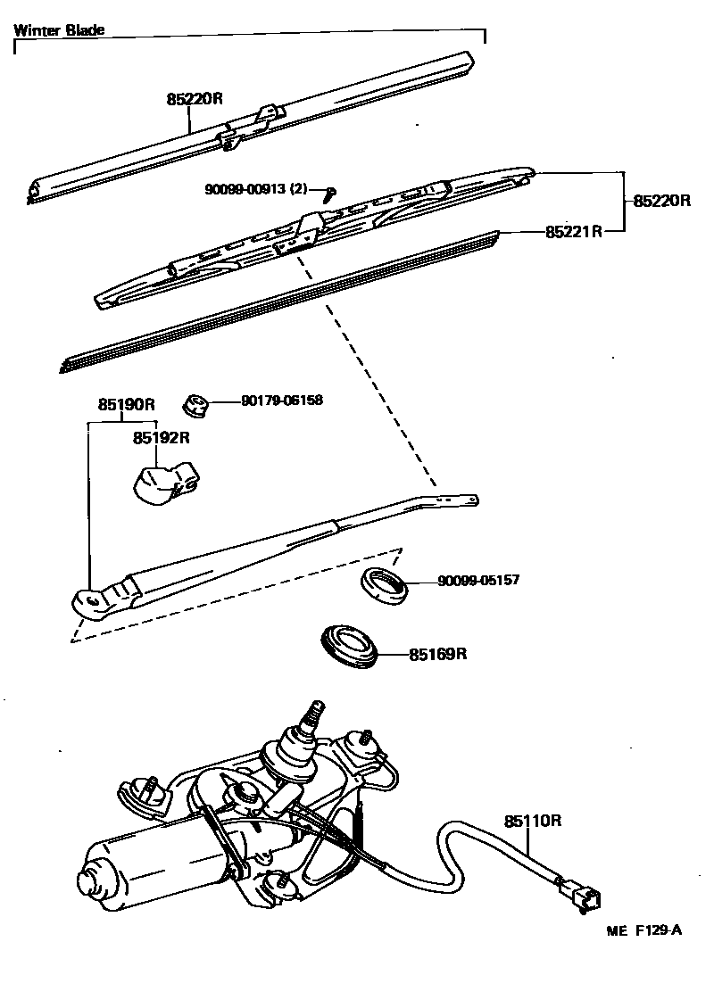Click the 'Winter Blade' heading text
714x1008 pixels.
tap(59, 29)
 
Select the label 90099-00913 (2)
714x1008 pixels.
tap(255, 189)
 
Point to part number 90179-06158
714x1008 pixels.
tap(281, 401)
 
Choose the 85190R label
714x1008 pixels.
tap(127, 403)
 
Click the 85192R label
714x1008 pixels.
tap(162, 438)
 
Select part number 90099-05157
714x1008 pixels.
tap(477, 581)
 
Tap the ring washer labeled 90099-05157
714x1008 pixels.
tap(383, 584)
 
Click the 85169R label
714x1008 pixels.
tap(438, 655)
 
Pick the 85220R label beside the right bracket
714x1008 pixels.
tap(662, 201)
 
